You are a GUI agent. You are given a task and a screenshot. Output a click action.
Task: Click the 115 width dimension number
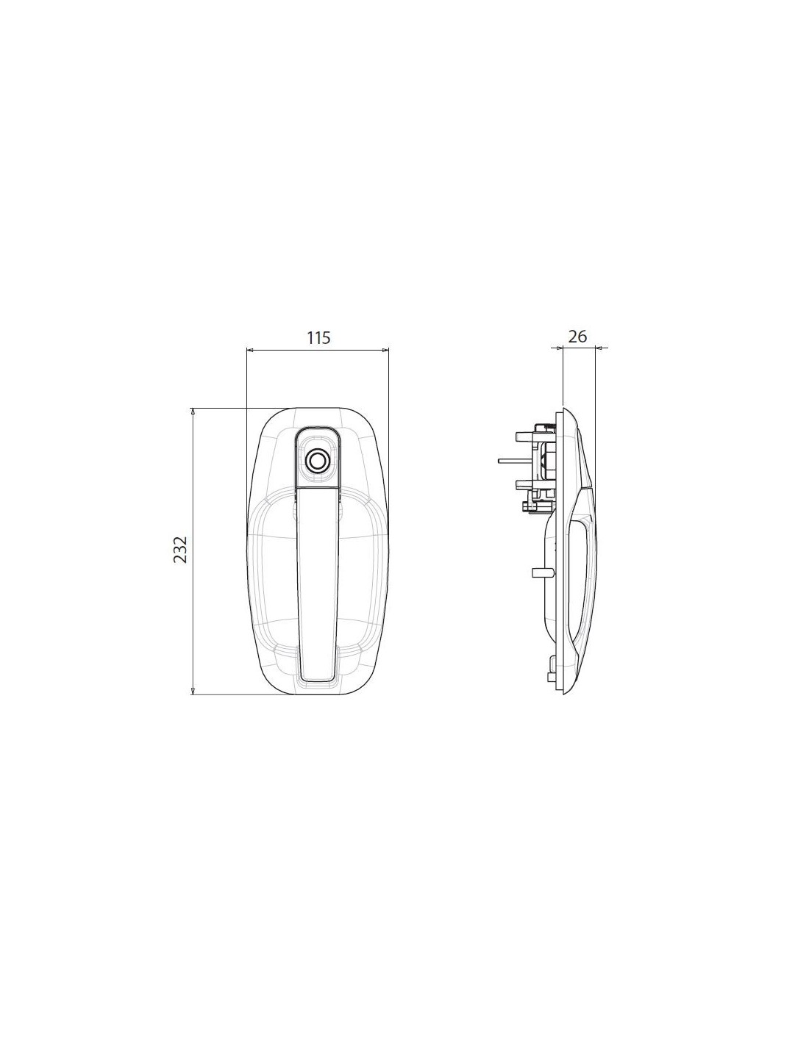pyautogui.click(x=318, y=338)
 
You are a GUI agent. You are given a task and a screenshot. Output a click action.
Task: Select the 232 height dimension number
pyautogui.click(x=180, y=549)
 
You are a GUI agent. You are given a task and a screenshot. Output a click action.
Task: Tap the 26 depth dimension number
pyautogui.click(x=577, y=337)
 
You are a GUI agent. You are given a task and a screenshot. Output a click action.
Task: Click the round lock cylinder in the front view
pyautogui.click(x=317, y=460)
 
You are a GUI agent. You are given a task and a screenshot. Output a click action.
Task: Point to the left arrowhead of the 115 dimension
pyautogui.click(x=249, y=350)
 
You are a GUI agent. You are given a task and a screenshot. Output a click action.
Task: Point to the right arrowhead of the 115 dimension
pyautogui.click(x=385, y=350)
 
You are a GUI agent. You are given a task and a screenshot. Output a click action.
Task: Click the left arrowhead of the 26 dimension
pyautogui.click(x=559, y=347)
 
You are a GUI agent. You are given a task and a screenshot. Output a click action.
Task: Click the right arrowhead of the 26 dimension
pyautogui.click(x=599, y=347)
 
